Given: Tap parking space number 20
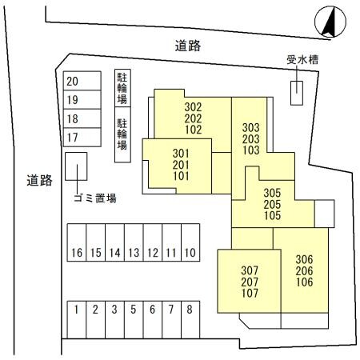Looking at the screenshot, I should coord(73,82).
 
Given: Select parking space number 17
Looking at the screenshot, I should coord(73,138).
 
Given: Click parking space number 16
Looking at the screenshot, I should coord(76,253).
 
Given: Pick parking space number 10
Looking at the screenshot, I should coord(190,253).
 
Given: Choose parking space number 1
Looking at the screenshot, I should coord(76,309).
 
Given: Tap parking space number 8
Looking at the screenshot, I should coord(190,309).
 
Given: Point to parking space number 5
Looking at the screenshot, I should coord(133,309).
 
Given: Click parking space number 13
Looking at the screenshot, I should coord(133,253).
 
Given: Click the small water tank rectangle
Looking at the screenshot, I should coord(297,92).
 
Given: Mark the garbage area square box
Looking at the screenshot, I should coord(76,170).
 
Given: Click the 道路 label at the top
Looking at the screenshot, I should coord(188,46).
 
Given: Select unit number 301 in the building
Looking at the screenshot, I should coord(181,154).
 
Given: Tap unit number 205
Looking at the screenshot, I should coord(272,203).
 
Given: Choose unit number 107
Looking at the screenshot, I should coord(250,294).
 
